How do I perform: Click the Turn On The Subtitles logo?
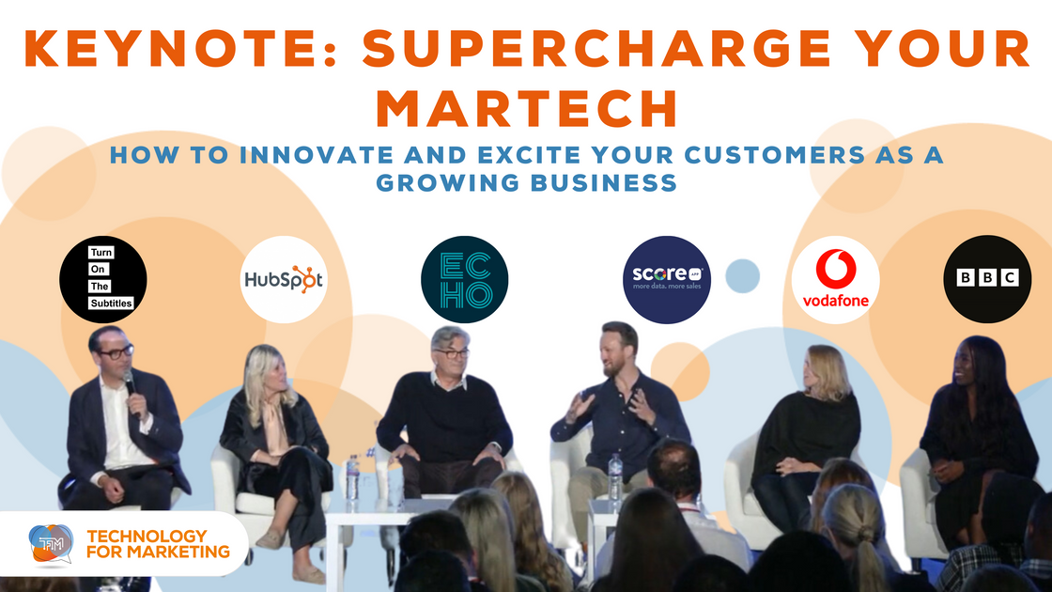tap(103, 279)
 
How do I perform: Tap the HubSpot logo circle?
tap(284, 279)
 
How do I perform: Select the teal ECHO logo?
tap(464, 279)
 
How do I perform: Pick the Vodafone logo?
tap(835, 279)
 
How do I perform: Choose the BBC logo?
tap(987, 279)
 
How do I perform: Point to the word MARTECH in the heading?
tap(526, 108)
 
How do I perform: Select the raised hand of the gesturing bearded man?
tap(580, 404)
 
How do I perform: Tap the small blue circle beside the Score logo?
tap(742, 274)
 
